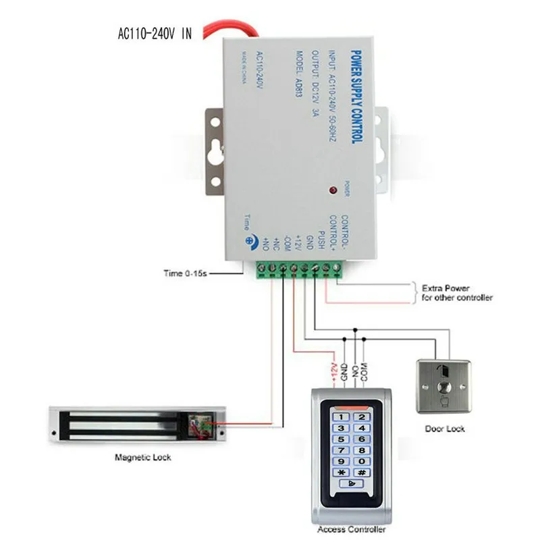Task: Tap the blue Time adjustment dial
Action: point(251,239)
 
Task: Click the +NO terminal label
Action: point(266,243)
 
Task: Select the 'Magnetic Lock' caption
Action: point(143,457)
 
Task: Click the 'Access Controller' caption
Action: point(351,531)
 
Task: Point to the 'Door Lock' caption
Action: point(445,428)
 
